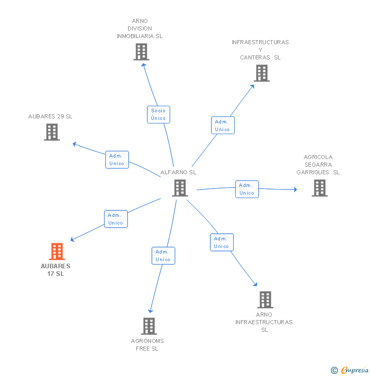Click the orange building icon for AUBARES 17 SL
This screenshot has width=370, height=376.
[x=57, y=252]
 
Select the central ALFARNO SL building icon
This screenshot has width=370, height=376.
[x=180, y=188]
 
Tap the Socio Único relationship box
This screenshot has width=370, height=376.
[x=159, y=115]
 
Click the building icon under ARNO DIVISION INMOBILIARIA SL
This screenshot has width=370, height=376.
[x=141, y=52]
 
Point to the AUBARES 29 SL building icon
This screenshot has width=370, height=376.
[x=52, y=132]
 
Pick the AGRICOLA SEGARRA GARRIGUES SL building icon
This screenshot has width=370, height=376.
[x=320, y=188]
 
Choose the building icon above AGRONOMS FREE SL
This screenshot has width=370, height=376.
[x=149, y=326]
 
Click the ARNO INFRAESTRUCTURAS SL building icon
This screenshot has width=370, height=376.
[x=265, y=300]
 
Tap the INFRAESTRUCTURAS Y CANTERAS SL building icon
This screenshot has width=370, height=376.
[x=262, y=73]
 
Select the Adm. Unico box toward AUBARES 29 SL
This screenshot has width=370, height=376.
[x=117, y=160]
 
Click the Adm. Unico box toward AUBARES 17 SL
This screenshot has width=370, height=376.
[x=116, y=219]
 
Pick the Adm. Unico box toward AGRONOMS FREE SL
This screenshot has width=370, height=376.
[x=163, y=256]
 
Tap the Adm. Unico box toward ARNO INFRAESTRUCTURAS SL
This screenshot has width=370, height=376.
[x=222, y=242]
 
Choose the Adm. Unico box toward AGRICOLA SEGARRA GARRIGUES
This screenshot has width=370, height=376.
[x=247, y=189]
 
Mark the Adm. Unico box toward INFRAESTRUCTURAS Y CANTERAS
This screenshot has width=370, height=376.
[x=223, y=125]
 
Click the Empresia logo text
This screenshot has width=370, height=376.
[x=355, y=370]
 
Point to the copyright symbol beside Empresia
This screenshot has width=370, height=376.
[x=334, y=370]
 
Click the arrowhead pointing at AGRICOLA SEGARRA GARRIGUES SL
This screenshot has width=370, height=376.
[x=295, y=190]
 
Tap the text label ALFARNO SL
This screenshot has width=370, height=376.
[x=178, y=172]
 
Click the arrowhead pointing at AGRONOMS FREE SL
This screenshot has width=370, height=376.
[x=150, y=311]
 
